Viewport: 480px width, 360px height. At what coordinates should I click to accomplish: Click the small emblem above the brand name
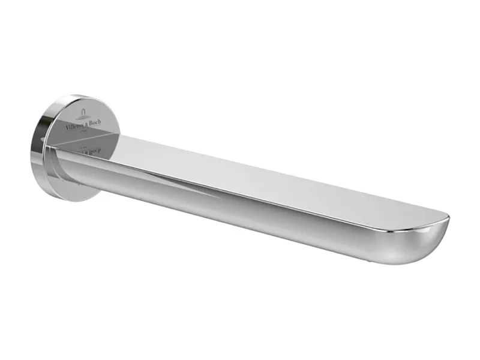[x=83, y=114]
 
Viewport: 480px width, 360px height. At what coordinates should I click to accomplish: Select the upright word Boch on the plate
[x=95, y=123]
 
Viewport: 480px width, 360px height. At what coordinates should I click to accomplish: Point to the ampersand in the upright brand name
[x=86, y=124]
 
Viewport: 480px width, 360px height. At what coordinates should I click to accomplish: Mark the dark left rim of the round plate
[x=34, y=150]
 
